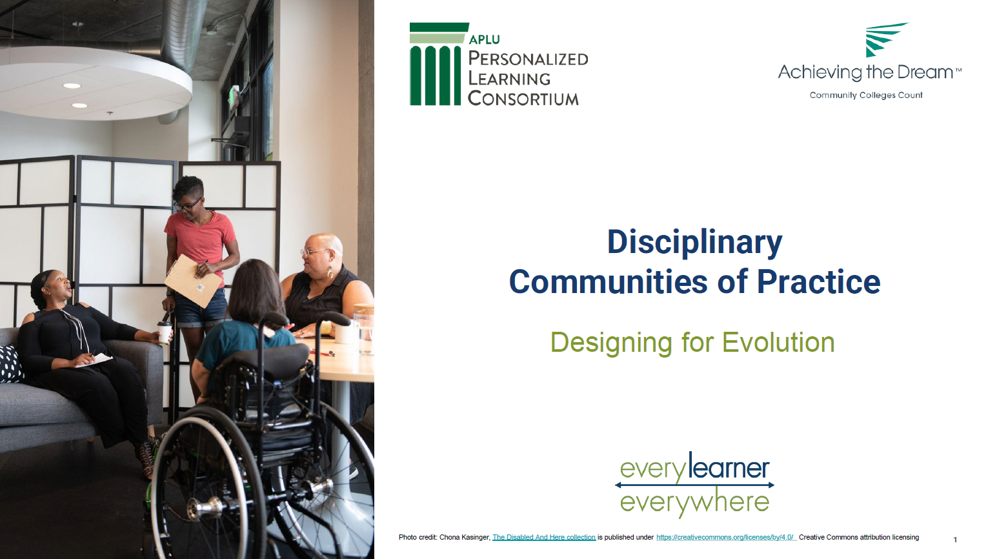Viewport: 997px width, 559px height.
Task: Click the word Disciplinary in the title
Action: (x=694, y=243)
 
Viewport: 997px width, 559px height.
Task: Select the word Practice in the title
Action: (x=818, y=281)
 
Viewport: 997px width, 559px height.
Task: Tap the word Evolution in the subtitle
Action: (x=778, y=342)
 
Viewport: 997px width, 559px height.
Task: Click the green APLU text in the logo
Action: (x=484, y=39)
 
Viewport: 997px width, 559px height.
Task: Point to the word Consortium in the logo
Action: (x=523, y=98)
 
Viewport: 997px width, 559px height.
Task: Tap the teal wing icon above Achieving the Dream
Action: (x=886, y=39)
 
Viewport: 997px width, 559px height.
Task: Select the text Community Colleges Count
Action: (x=866, y=96)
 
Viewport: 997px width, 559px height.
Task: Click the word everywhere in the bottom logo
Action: (x=694, y=503)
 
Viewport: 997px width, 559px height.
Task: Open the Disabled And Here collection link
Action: (x=544, y=537)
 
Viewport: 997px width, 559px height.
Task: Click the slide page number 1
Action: (x=955, y=540)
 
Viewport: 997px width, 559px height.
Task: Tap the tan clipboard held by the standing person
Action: (x=193, y=281)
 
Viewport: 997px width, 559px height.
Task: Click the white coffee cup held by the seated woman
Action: (x=165, y=332)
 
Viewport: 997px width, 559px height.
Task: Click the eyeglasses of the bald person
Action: (x=314, y=252)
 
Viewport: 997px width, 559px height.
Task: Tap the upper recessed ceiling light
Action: (x=72, y=86)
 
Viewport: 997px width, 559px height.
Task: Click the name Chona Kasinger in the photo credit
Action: (x=465, y=537)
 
